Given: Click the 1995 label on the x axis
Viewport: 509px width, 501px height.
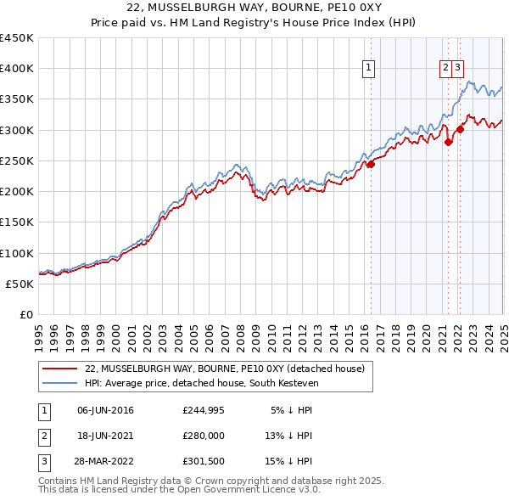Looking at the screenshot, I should point(40,331).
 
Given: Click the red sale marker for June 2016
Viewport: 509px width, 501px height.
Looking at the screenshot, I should point(371,165).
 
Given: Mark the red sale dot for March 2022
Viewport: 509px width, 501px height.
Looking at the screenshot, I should point(461,129).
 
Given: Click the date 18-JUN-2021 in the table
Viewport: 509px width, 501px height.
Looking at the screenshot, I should point(105,436).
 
